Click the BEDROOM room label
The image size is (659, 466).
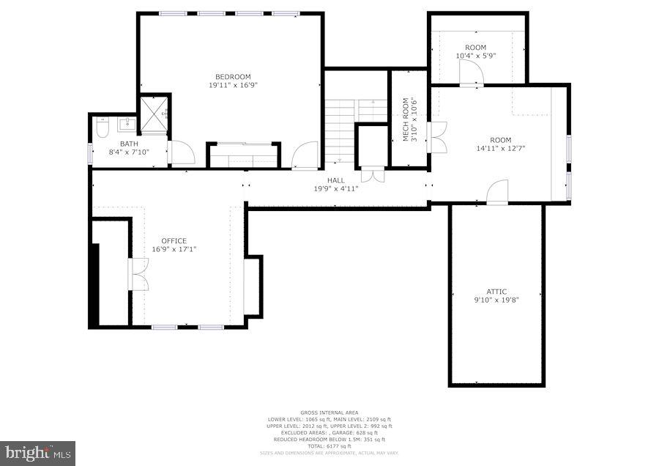(x=233, y=77)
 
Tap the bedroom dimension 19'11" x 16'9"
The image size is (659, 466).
(x=233, y=85)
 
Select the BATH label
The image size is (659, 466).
(x=129, y=144)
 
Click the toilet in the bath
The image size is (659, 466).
(x=102, y=128)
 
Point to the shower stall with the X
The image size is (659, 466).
(x=154, y=114)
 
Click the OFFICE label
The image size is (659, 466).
(x=174, y=241)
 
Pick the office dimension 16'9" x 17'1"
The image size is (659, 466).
(x=174, y=249)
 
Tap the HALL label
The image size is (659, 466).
(x=336, y=180)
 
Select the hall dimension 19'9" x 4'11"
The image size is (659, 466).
(x=336, y=188)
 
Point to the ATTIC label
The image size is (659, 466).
(x=496, y=292)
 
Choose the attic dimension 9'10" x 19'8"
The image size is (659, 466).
(x=496, y=300)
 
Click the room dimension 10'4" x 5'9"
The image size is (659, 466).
(x=476, y=56)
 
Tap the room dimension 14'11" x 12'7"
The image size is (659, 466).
(x=501, y=148)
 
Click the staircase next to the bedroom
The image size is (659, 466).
(x=341, y=125)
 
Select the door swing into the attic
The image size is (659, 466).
(x=497, y=192)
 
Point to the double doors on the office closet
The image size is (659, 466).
(x=138, y=275)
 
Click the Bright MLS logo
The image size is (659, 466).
(x=37, y=453)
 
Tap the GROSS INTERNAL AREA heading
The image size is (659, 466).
(x=329, y=413)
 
